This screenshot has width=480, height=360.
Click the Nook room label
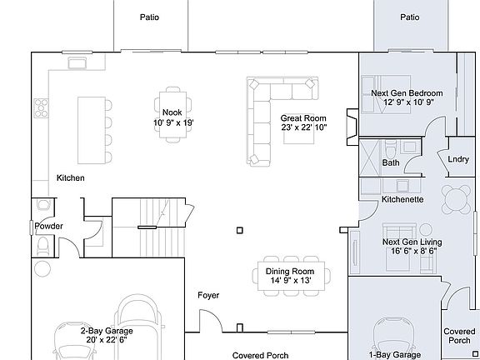[172, 112]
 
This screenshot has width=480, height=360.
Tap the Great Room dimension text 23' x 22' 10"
[302, 127]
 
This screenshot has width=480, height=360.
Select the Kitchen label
[70, 178]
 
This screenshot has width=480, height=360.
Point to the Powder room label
[49, 226]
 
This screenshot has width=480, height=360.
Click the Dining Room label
[289, 272]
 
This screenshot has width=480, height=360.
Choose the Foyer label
[208, 295]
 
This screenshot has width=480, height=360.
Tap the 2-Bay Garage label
[107, 330]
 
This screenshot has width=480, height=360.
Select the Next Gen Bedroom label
[406, 92]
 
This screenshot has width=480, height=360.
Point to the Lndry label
[457, 159]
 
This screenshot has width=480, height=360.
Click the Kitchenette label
[402, 200]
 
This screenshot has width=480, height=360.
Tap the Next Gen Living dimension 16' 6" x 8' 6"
[412, 252]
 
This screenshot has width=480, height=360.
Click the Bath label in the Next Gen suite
[390, 162]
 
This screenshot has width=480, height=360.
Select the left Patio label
[149, 17]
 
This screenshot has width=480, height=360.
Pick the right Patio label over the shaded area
[409, 17]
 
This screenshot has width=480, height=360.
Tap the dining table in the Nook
[172, 102]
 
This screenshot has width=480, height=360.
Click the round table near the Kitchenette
[456, 199]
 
